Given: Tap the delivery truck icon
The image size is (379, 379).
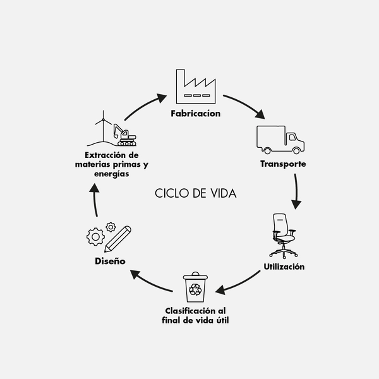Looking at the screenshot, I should tap(280, 140).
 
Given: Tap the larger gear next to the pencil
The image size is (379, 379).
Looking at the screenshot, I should tap(95, 238).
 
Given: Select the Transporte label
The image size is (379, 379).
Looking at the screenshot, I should tap(283, 164).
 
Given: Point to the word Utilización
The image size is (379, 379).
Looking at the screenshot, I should tap(284, 267).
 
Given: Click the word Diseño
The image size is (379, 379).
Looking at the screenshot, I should tap(111, 261).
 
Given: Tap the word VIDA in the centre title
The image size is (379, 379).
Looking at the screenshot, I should tap(222, 193).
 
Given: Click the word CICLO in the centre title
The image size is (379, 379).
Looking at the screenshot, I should tap(170, 193).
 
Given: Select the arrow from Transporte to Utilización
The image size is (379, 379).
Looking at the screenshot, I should tap(296, 193).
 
